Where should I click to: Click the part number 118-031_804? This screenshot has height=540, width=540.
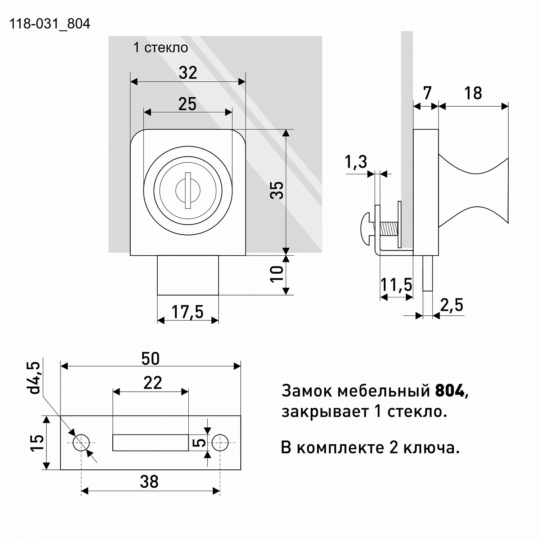(49, 24)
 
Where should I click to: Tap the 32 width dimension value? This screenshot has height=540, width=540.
(188, 73)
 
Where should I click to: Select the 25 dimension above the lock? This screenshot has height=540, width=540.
(188, 104)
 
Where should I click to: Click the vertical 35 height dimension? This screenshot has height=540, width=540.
(277, 190)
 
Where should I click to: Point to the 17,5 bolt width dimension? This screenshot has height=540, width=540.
(187, 312)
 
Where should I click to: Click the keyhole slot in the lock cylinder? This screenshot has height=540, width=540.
(188, 190)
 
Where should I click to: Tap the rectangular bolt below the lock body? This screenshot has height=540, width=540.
(188, 275)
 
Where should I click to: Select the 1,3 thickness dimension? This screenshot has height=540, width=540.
(356, 162)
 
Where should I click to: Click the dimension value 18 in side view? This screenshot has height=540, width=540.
(473, 93)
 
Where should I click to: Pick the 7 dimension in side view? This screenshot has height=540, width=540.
(427, 93)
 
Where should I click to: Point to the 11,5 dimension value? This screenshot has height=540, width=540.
(396, 285)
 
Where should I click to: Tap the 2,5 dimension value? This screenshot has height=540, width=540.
(451, 305)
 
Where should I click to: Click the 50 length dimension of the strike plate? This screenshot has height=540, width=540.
(150, 359)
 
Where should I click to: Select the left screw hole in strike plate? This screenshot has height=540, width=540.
(81, 442)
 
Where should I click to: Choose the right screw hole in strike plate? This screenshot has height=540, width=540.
(220, 442)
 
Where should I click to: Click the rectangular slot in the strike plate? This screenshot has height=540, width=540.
(150, 442)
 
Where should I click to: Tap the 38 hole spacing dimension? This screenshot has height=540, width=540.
(149, 482)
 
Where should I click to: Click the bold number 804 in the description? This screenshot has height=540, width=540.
(450, 391)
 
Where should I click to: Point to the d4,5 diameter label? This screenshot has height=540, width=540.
(35, 378)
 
